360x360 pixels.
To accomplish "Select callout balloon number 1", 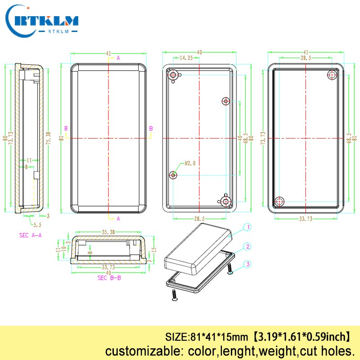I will point(247,228).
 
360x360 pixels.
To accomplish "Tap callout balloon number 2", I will point(247,247).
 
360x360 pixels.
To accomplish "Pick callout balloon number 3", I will point(247,264).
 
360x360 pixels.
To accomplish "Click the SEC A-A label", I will point(31,235).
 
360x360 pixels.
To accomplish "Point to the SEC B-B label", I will point(109,278).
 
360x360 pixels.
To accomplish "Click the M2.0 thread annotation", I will point(190,164).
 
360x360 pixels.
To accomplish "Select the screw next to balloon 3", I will point(230,268).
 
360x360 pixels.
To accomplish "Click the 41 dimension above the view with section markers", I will point(108,54).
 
